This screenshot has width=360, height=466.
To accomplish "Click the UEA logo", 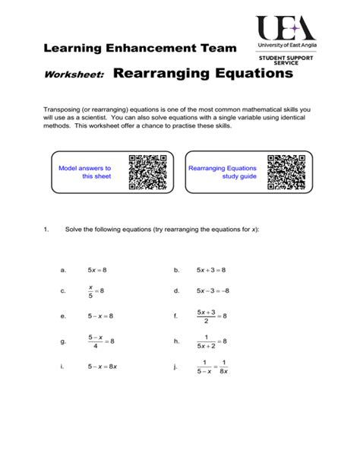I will coord(286,30).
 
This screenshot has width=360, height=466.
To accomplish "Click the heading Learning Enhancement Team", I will coord(140,49).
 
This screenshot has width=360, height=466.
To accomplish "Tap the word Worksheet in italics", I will coord(74,75).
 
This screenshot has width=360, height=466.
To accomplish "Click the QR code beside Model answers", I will coord(147,173).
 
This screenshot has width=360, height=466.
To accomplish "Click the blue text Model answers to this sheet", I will coord(85,172).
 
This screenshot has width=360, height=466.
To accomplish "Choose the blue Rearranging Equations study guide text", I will coord(223,172).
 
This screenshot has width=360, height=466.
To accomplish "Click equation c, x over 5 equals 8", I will coord(96,290).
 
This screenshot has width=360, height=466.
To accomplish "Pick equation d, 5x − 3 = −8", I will coord(213,290).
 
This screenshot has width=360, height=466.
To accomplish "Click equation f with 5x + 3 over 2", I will coord(212,315).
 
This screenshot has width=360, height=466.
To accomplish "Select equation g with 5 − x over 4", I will coord(100,341).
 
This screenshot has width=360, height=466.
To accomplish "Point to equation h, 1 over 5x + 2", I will coord(212,341).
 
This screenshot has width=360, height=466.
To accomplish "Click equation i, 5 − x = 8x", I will coord(103,367).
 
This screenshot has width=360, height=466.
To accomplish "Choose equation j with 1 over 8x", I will coord(213,367).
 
